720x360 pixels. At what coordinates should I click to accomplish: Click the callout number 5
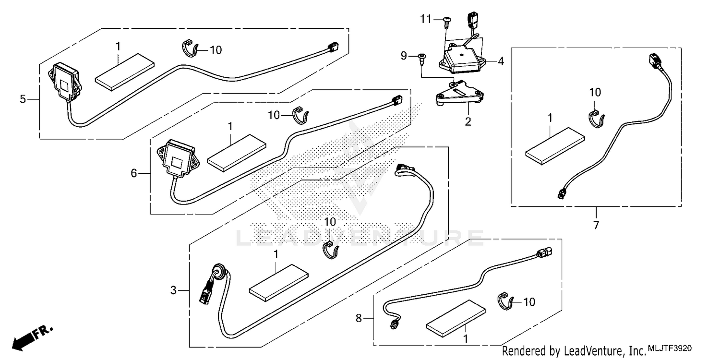(23, 99)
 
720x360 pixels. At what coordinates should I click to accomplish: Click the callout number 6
(134, 173)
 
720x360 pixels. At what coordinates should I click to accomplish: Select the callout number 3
(174, 290)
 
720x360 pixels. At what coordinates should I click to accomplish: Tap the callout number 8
(359, 317)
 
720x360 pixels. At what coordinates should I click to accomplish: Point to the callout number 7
(596, 225)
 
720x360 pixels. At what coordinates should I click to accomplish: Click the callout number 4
(501, 61)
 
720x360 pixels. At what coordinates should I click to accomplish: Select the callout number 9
(404, 56)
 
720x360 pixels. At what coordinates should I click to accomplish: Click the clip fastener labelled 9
(422, 58)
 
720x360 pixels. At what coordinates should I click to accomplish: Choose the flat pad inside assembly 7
(555, 143)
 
